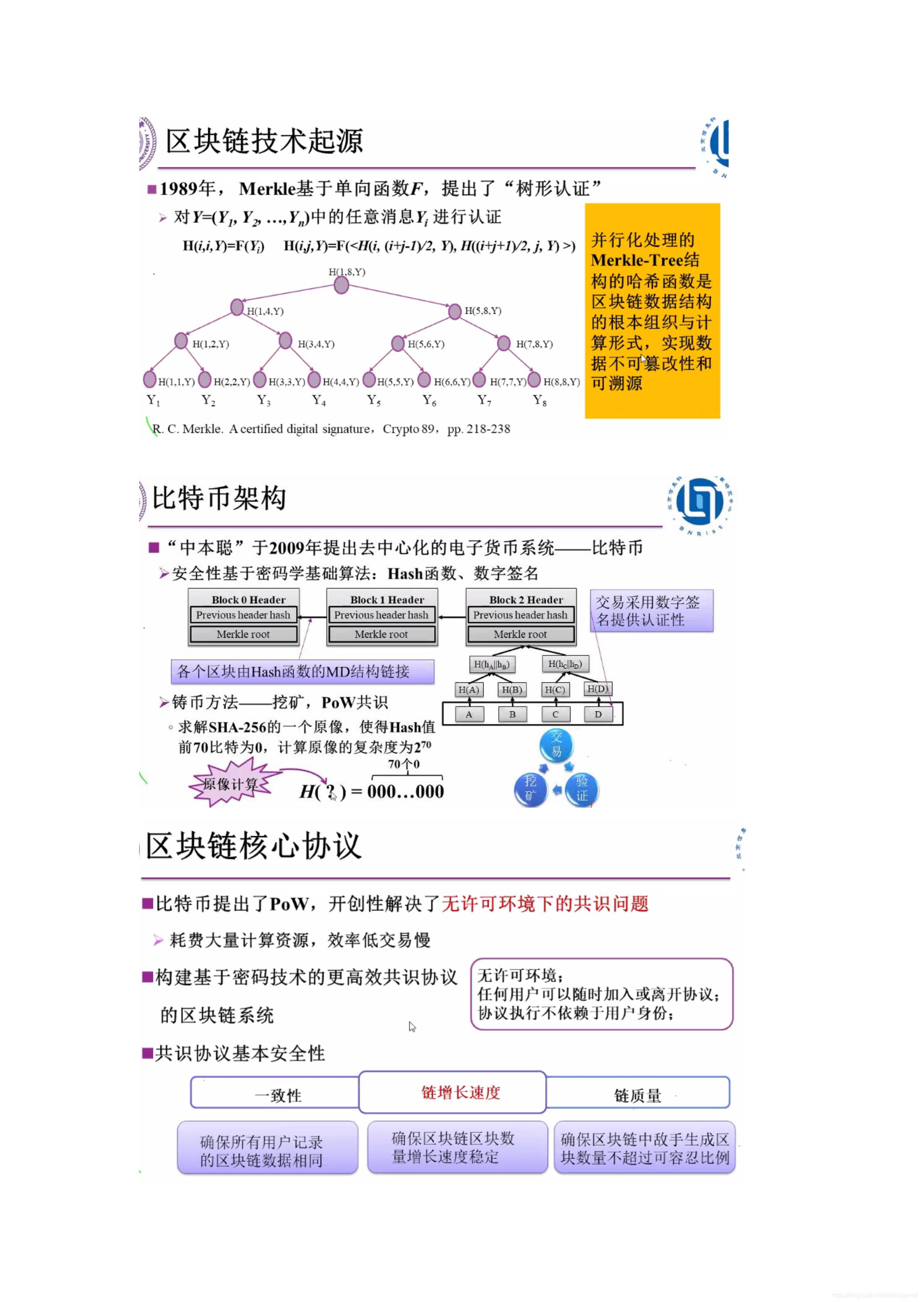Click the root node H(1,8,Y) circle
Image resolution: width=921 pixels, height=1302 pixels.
click(x=341, y=285)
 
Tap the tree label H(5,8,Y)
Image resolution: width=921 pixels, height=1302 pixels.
click(x=483, y=311)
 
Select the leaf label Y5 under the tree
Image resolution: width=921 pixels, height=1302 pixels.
click(x=374, y=400)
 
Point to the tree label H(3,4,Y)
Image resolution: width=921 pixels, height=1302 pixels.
click(x=316, y=344)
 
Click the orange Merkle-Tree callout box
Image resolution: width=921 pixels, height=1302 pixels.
click(x=652, y=311)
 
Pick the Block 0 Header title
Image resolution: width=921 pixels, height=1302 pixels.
click(x=248, y=599)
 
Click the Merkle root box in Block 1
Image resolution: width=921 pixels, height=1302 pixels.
click(x=381, y=634)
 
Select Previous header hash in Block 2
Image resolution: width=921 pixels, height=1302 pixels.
click(x=520, y=615)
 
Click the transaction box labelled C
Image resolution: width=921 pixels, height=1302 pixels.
click(x=555, y=715)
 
